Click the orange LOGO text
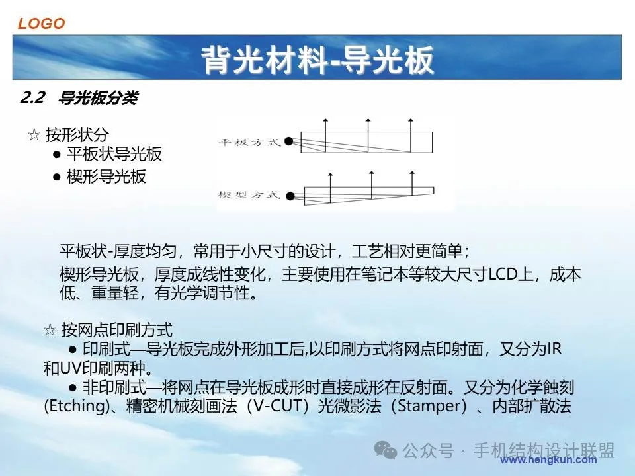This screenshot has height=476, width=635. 41,24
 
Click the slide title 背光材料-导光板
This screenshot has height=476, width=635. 317,60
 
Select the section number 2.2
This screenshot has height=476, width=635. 32,98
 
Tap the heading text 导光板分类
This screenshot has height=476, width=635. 99,98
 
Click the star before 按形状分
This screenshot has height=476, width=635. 34,134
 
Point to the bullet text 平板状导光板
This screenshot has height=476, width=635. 114,154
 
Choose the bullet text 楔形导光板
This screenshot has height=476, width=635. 106,177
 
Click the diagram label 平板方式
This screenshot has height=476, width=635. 249,142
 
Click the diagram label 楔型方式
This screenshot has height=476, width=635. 249,195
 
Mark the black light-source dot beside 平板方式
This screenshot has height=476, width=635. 289,141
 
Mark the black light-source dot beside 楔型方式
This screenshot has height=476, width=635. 290,196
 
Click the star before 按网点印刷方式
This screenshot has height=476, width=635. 50,330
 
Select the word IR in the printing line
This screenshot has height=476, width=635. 554,348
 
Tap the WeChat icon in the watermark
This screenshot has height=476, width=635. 385,450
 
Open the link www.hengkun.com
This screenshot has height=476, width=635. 548,460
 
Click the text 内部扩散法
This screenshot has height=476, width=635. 532,405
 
